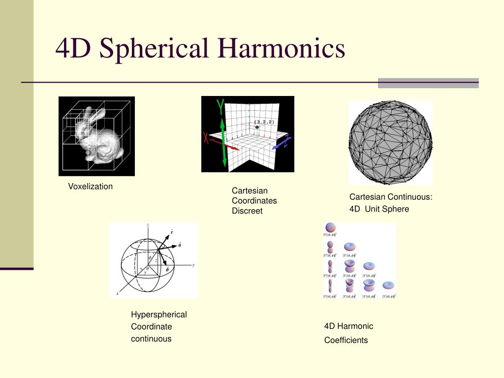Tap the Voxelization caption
[90, 187]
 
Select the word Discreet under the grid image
[247, 211]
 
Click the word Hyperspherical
[158, 315]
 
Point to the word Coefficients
[346, 340]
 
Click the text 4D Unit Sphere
[379, 209]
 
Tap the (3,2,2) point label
[264, 121]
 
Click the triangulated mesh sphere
[390, 142]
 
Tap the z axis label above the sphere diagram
[148, 225]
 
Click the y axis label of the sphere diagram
[193, 265]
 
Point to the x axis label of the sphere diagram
[117, 293]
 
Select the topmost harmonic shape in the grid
[330, 227]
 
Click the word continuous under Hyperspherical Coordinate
[151, 339]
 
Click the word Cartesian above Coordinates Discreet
[250, 190]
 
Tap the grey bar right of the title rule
[428, 83]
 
